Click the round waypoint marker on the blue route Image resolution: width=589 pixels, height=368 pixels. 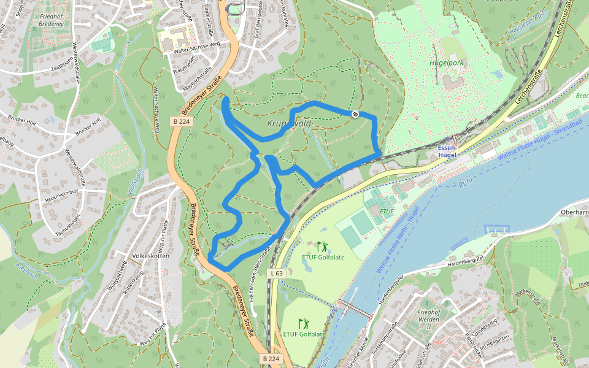355,113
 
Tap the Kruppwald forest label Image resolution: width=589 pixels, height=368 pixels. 290,123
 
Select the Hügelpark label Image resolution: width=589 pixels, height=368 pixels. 447,63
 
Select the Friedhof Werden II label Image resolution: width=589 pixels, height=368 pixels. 433,317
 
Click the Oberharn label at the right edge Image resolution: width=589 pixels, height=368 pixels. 574,213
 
